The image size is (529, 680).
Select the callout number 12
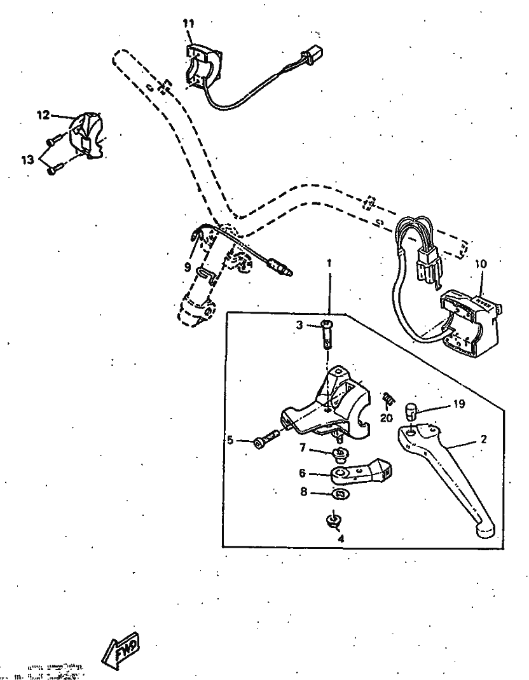click(43, 116)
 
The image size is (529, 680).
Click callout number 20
click(386, 417)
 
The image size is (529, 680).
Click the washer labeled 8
click(341, 494)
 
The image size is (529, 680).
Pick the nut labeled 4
click(331, 522)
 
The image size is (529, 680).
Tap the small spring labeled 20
click(387, 399)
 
